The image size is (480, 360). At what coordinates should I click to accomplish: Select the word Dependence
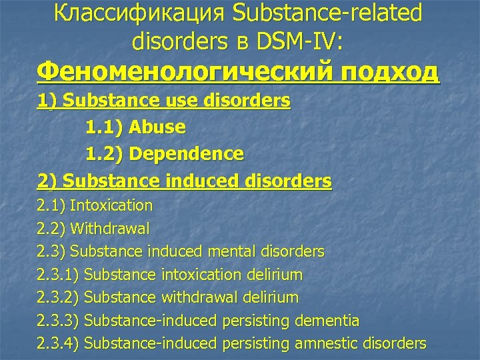point(187,154)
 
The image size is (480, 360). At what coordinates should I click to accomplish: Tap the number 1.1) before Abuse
point(105,127)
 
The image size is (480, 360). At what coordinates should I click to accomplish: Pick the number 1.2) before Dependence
point(105,154)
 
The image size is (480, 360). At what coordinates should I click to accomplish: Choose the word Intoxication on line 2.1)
point(111,205)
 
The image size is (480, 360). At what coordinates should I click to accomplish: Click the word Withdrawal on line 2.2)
point(110,228)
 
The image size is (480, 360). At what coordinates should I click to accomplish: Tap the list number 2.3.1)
point(59,275)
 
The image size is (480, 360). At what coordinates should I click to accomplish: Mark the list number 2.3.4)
point(59,343)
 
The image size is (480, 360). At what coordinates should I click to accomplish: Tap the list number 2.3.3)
point(59,321)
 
